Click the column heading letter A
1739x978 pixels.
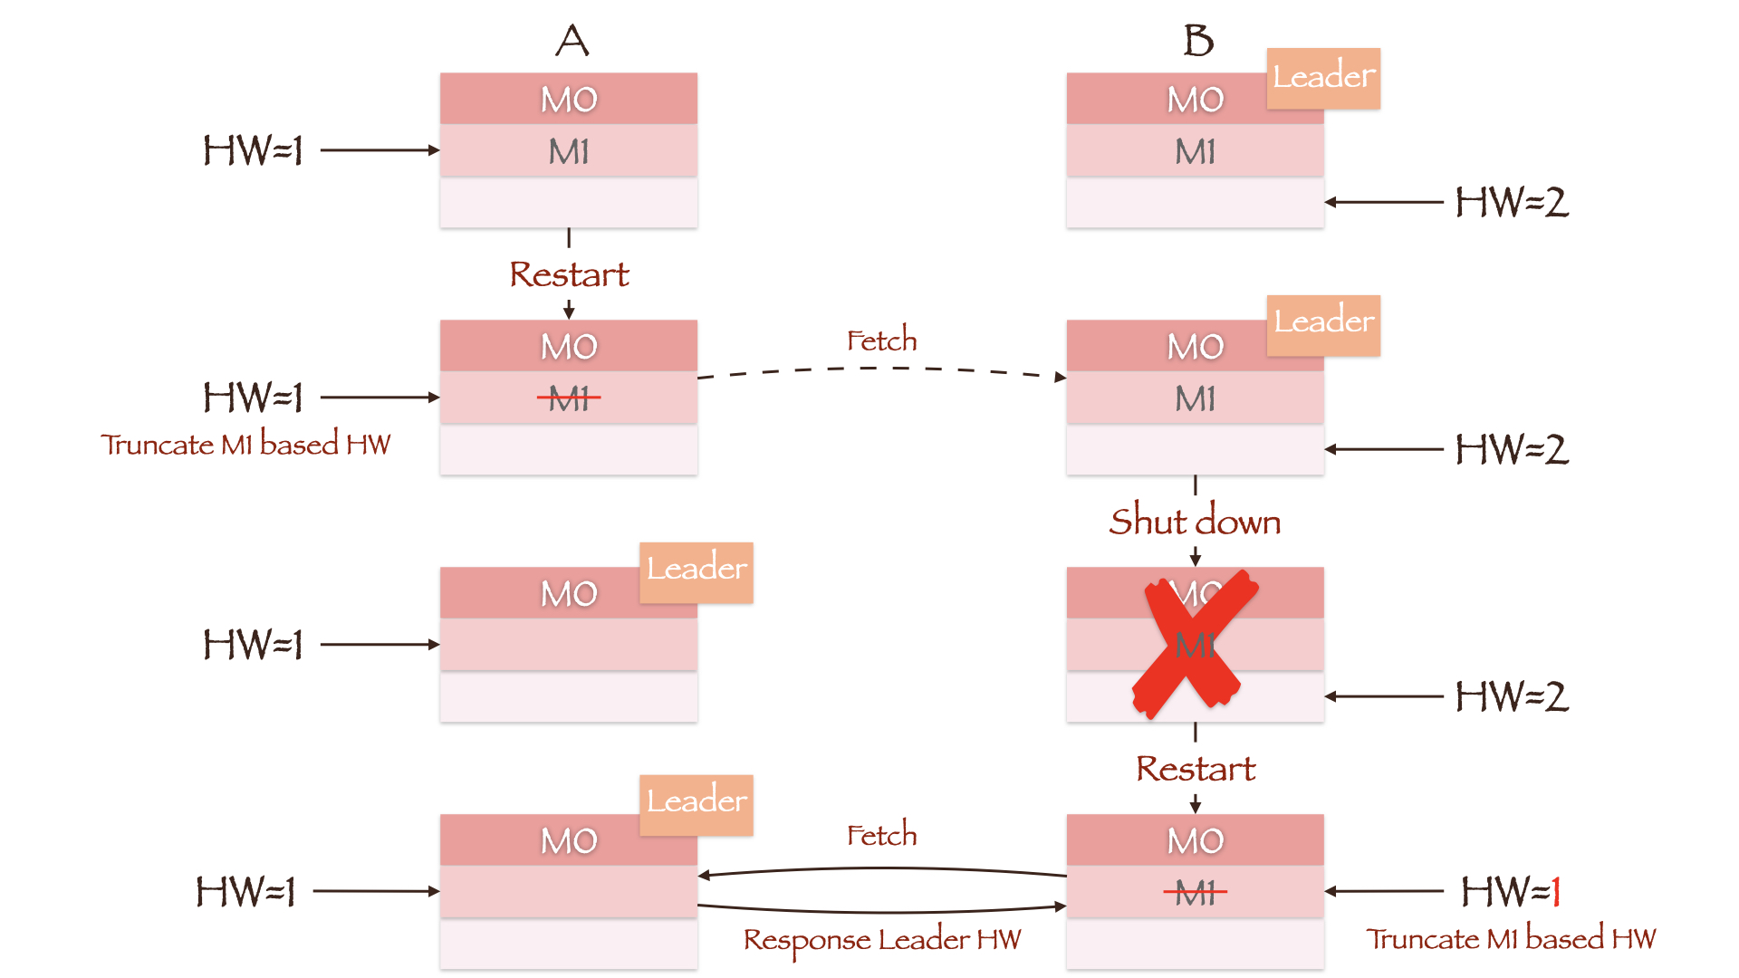pyautogui.click(x=572, y=41)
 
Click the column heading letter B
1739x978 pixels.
pyautogui.click(x=1198, y=41)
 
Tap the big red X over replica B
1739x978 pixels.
pyautogui.click(x=1193, y=643)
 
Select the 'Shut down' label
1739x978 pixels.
pyautogui.click(x=1195, y=522)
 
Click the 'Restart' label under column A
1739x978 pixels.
pyautogui.click(x=569, y=274)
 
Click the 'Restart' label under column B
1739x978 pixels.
pyautogui.click(x=1196, y=769)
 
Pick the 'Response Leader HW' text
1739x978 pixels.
pyautogui.click(x=881, y=940)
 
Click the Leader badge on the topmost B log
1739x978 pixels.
pyautogui.click(x=1323, y=78)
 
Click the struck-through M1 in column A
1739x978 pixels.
pyautogui.click(x=569, y=398)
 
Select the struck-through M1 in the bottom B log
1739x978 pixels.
pyautogui.click(x=1196, y=893)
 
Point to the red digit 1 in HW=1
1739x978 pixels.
pyautogui.click(x=1556, y=892)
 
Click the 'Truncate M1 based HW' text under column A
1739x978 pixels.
pyautogui.click(x=245, y=445)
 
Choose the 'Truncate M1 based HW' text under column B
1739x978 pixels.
pyautogui.click(x=1511, y=939)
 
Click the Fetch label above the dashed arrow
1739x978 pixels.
pyautogui.click(x=881, y=341)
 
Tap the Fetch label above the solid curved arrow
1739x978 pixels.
pyautogui.click(x=881, y=835)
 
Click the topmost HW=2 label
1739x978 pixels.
pyautogui.click(x=1512, y=202)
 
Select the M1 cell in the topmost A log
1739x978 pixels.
pyautogui.click(x=569, y=151)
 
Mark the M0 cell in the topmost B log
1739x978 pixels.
pyautogui.click(x=1177, y=100)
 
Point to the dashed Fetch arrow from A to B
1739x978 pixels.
pyautogui.click(x=881, y=369)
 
